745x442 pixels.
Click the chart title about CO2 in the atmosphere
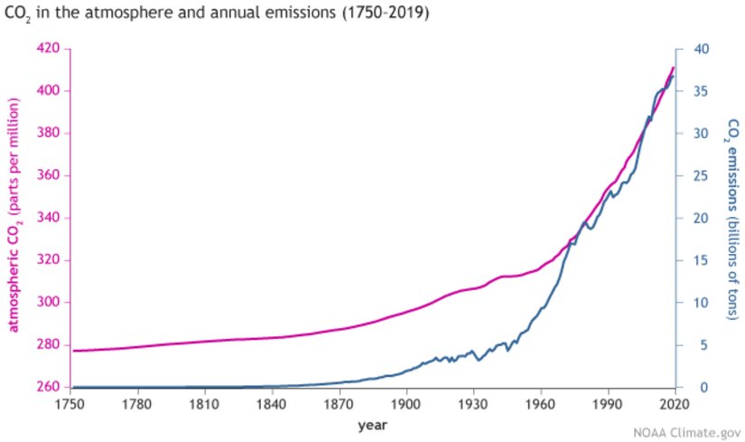217,14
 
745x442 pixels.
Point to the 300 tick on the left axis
47,303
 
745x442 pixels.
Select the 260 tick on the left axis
47,388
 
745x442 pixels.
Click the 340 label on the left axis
47,218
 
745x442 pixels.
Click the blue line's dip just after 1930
480,360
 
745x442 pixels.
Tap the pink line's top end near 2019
673,68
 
